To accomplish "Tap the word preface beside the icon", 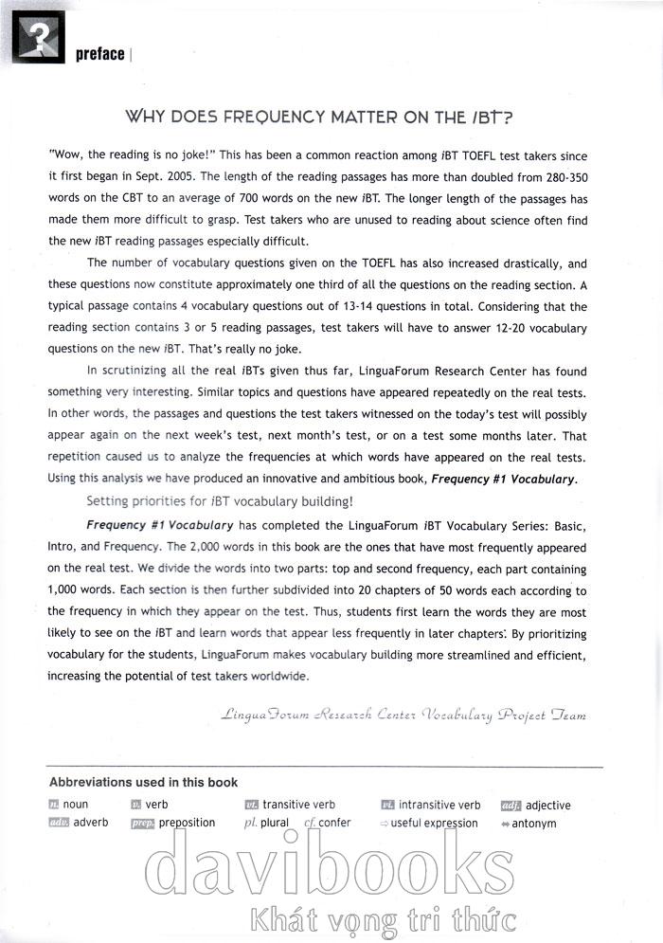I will coord(99,54).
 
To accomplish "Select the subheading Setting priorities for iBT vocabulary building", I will coord(220,501).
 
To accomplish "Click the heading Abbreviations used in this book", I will coord(143,782).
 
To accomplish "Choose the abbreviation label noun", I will coord(75,805).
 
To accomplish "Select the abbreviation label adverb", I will coord(90,823).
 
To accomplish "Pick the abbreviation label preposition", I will coord(187,823).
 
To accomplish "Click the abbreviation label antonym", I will coord(534,824).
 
